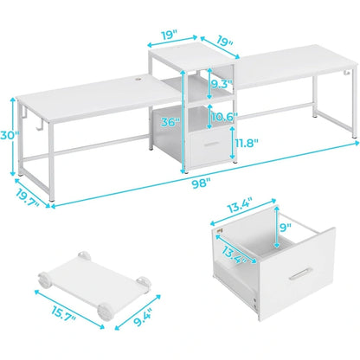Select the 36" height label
(171, 124)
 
